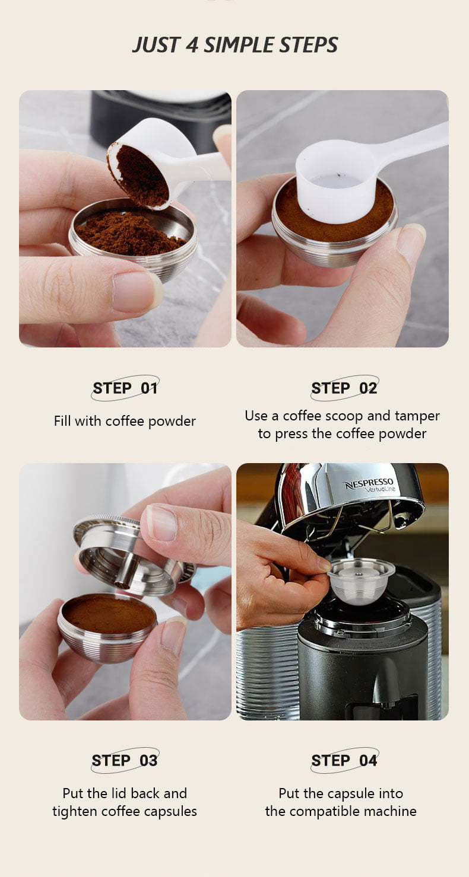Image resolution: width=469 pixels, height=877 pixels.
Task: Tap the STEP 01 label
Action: click(125, 388)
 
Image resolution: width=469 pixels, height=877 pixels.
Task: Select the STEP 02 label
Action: click(344, 388)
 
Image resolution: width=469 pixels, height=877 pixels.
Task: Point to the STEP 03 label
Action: click(125, 760)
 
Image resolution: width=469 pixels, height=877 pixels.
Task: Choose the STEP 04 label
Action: click(344, 760)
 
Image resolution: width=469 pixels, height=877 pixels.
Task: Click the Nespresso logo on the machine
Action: click(369, 485)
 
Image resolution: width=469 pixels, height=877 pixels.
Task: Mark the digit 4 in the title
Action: click(192, 45)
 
